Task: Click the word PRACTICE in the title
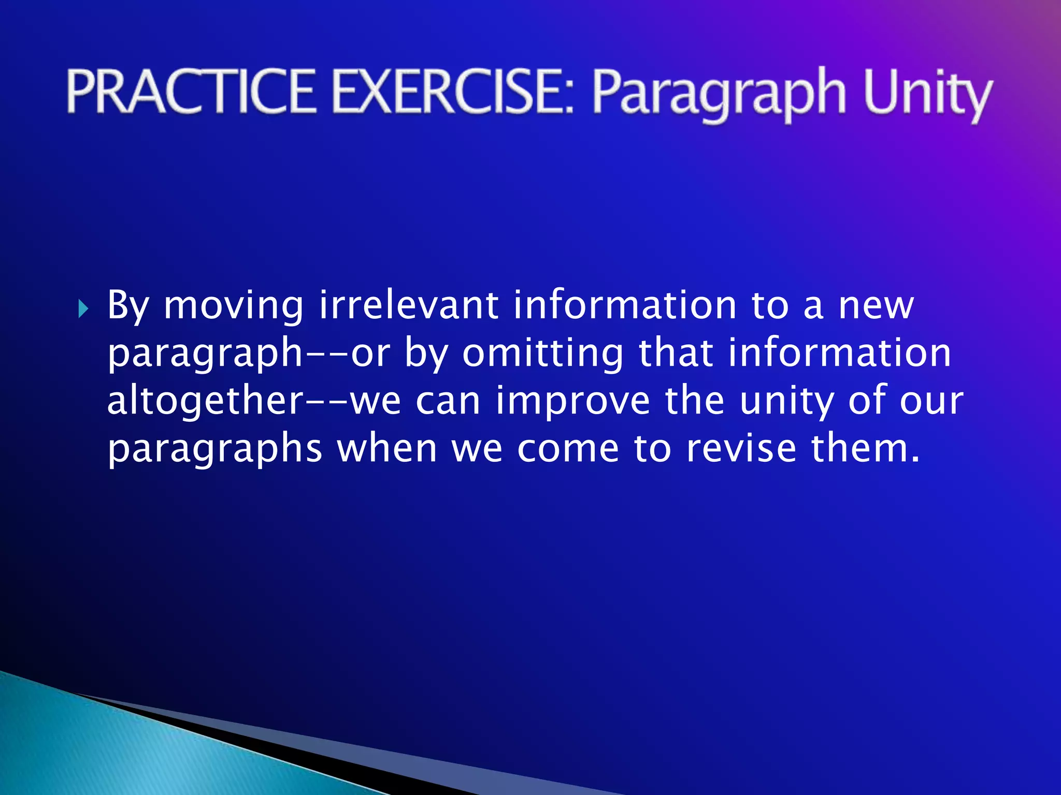point(190,92)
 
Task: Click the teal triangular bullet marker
point(83,310)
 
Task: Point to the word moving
point(233,307)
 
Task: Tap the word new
point(876,306)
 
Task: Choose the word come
point(568,449)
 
